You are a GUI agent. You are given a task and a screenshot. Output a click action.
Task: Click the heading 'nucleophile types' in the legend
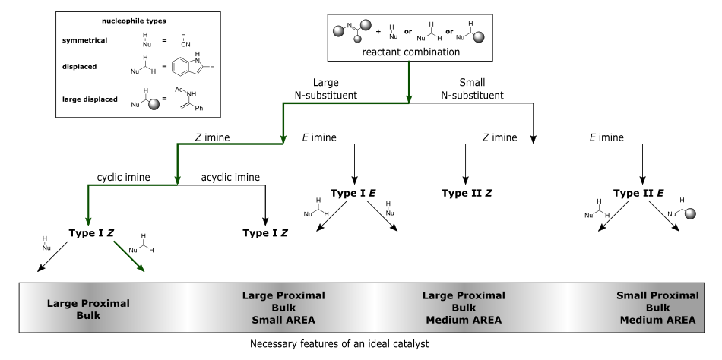pyautogui.click(x=134, y=21)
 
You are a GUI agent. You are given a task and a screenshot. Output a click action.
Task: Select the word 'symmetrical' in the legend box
pyautogui.click(x=84, y=40)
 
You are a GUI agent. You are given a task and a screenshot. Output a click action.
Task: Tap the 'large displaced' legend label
pyautogui.click(x=90, y=99)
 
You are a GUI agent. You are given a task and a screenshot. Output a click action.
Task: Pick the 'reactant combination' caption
pyautogui.click(x=410, y=52)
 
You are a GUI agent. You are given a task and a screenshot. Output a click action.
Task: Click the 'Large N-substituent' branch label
pyautogui.click(x=325, y=89)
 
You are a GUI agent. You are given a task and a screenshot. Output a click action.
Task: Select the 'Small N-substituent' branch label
pyautogui.click(x=473, y=89)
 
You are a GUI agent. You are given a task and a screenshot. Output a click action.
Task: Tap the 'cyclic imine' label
pyautogui.click(x=123, y=177)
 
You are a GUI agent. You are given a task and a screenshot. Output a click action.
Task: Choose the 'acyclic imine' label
pyautogui.click(x=230, y=177)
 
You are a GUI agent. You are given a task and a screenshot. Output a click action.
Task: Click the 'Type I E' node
pyautogui.click(x=353, y=193)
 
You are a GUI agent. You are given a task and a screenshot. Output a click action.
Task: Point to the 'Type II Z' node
pyautogui.click(x=467, y=193)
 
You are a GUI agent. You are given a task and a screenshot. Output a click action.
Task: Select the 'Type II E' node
pyautogui.click(x=638, y=193)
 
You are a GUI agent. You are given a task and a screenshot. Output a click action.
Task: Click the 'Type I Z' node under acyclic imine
pyautogui.click(x=265, y=233)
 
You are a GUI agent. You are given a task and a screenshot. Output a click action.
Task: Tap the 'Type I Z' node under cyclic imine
pyautogui.click(x=91, y=233)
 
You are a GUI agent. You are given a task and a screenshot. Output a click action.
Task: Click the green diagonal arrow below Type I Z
pyautogui.click(x=129, y=257)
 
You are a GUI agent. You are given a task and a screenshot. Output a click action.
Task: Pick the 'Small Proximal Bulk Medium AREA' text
pyautogui.click(x=657, y=308)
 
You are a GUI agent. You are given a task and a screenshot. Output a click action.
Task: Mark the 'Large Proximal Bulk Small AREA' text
pyautogui.click(x=283, y=308)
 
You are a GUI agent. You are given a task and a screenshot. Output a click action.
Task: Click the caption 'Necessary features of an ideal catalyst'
pyautogui.click(x=340, y=344)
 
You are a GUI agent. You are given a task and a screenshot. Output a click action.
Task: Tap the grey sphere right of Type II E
pyautogui.click(x=690, y=213)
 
